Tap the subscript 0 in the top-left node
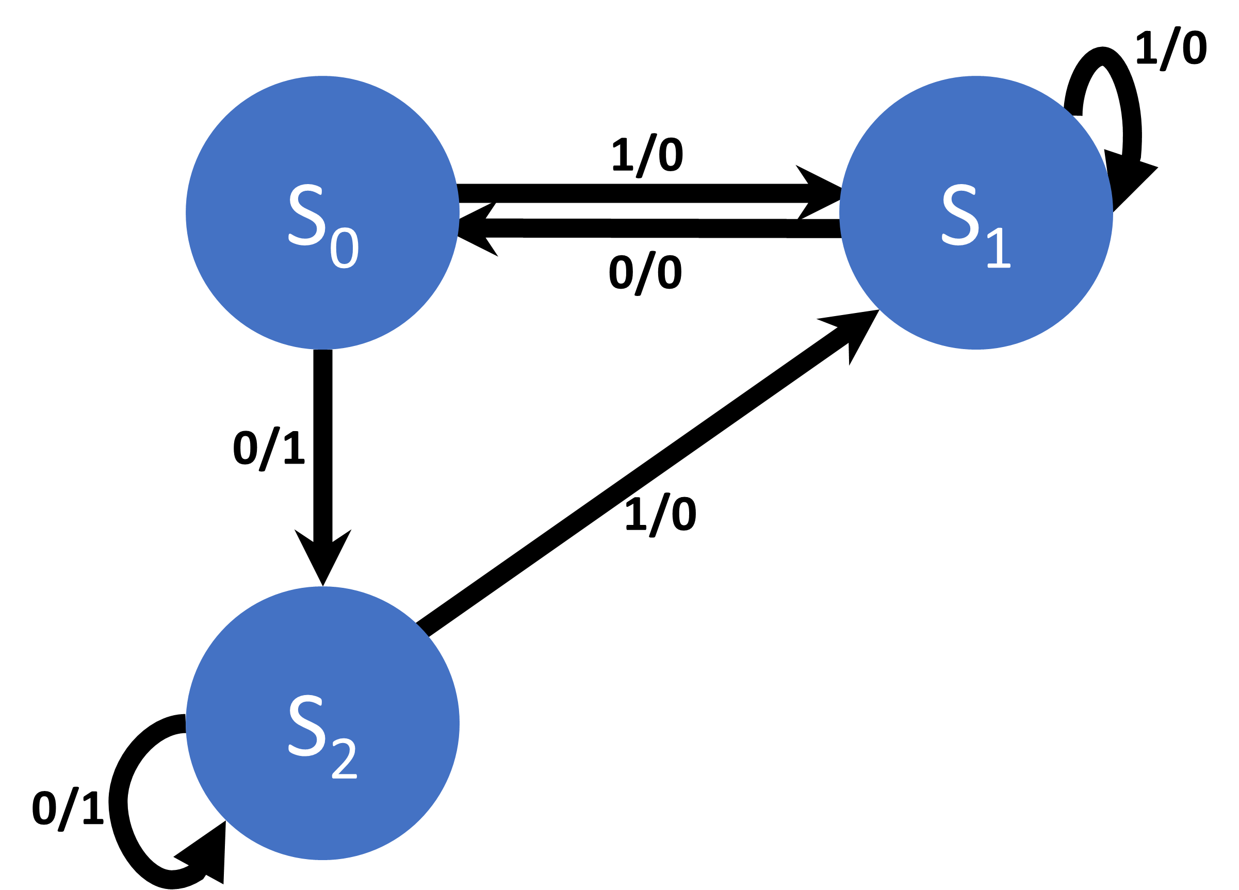[x=344, y=248]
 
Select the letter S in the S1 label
[x=960, y=215]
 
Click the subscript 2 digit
[x=344, y=759]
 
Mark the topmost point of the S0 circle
[x=322, y=76]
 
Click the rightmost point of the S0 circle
[x=459, y=212]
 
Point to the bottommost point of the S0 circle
[x=322, y=349]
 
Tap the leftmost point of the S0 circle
[x=186, y=212]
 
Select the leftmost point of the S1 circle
[x=840, y=212]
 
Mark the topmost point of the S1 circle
[x=976, y=76]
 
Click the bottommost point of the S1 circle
[x=976, y=349]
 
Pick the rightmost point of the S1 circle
[x=1112, y=212]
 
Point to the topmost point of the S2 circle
[x=322, y=587]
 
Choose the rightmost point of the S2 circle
[x=459, y=723]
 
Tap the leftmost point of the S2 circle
[x=186, y=723]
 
